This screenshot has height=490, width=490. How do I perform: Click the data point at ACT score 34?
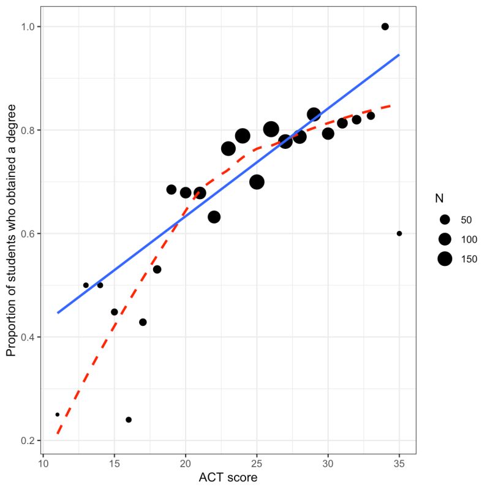(385, 26)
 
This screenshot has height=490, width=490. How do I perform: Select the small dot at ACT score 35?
(399, 233)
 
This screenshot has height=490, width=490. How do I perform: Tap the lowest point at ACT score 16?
(129, 420)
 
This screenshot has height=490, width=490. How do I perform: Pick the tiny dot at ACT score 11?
(58, 415)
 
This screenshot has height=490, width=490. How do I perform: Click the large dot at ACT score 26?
(271, 129)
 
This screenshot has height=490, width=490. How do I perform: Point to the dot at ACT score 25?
(257, 182)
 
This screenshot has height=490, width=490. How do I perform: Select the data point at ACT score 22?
(214, 217)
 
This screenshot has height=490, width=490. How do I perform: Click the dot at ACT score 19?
(171, 189)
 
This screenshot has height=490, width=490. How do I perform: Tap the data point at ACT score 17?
(143, 322)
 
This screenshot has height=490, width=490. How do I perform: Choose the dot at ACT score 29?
(314, 115)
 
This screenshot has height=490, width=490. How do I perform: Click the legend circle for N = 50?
(445, 219)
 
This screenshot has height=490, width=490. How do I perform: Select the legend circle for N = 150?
(445, 259)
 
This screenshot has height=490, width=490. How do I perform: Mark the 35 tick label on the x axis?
(399, 463)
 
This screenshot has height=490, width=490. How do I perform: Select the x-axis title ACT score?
(228, 478)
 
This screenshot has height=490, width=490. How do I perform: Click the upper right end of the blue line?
(399, 55)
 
